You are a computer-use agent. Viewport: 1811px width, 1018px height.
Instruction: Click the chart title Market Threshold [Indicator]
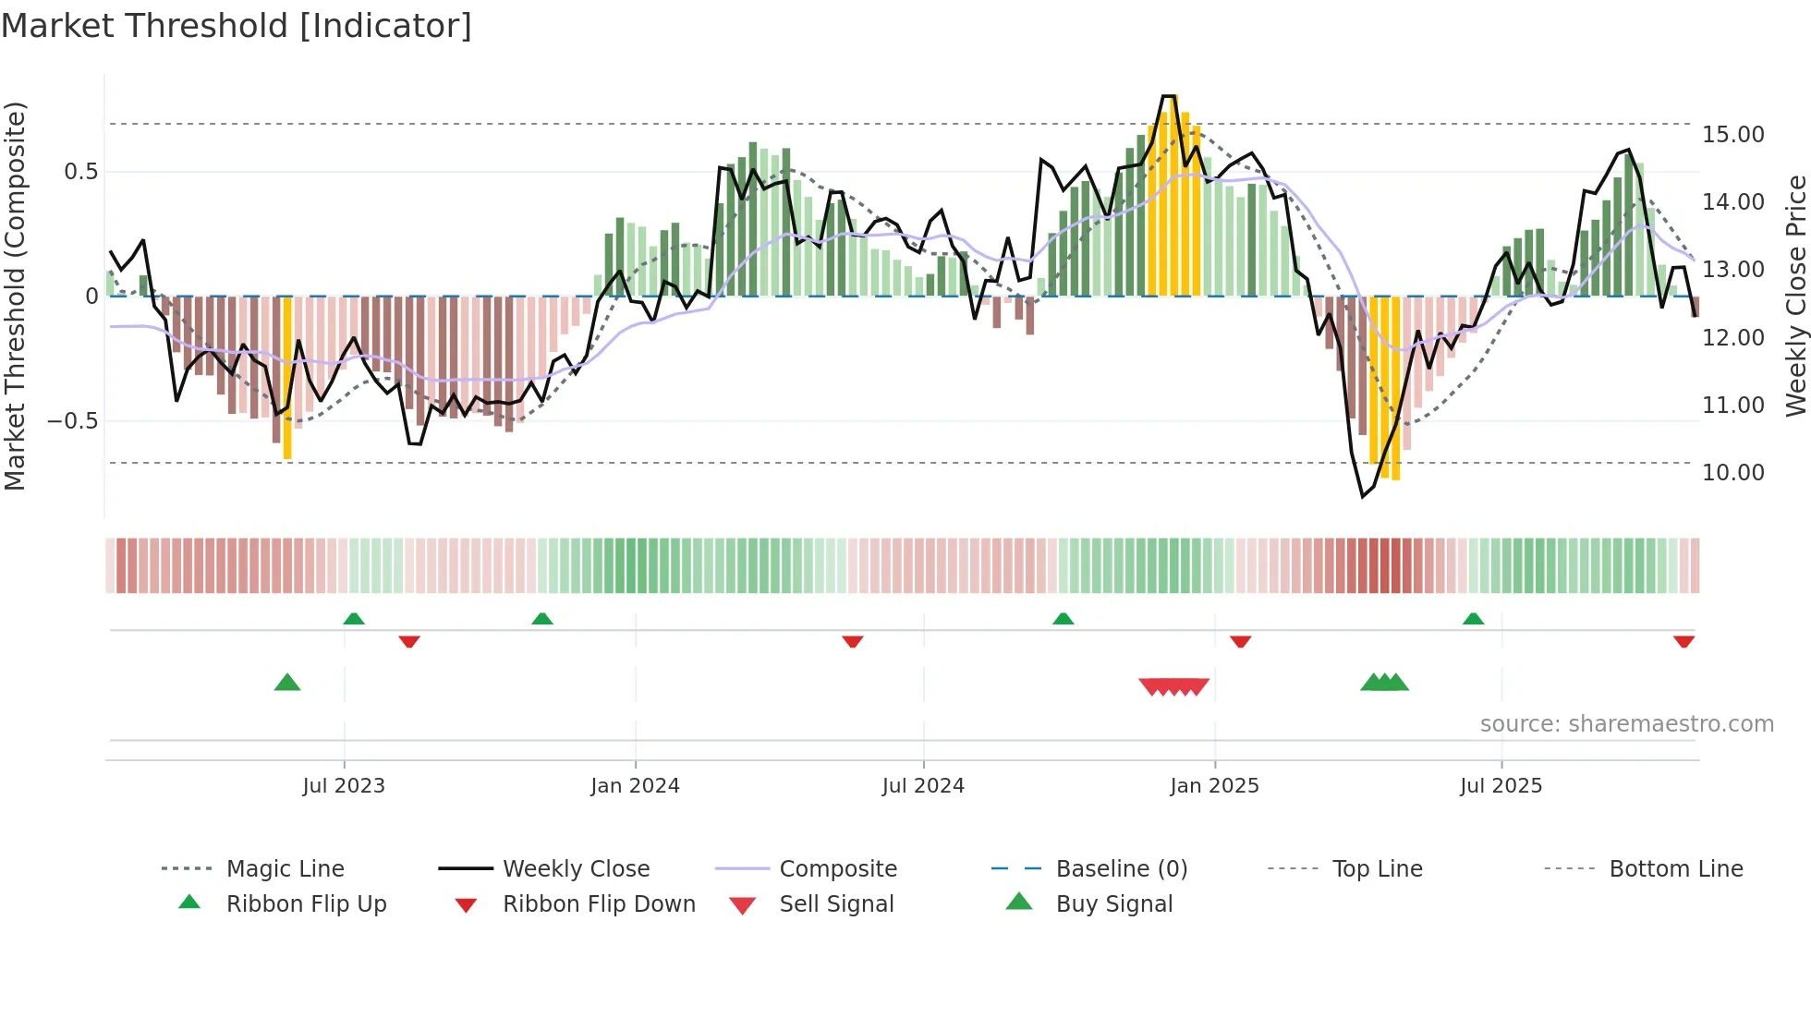(x=237, y=26)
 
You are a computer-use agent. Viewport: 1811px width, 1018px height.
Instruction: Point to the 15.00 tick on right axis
(x=1732, y=135)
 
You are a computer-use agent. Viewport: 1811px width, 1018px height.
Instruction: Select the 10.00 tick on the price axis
(x=1732, y=473)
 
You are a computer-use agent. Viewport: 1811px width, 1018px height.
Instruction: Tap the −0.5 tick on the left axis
(x=73, y=421)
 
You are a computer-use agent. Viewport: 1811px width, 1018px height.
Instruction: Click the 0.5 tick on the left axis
(x=80, y=172)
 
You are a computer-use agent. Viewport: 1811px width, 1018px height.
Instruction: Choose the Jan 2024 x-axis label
(x=635, y=786)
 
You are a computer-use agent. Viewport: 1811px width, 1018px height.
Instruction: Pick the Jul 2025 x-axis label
(x=1501, y=786)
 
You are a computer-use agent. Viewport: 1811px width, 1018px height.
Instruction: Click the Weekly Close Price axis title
(x=1795, y=296)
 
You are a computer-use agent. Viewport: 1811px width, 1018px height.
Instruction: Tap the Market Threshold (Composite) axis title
(x=15, y=296)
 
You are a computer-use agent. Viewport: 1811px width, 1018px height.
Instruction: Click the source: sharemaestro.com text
(x=1626, y=724)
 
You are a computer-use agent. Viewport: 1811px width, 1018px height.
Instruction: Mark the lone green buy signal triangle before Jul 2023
(x=287, y=683)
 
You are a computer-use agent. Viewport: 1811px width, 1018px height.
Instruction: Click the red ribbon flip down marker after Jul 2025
(x=1683, y=641)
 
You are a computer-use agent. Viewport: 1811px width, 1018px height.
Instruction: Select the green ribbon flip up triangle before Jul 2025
(x=1473, y=619)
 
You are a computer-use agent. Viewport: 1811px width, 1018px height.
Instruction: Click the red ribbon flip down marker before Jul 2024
(x=852, y=641)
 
